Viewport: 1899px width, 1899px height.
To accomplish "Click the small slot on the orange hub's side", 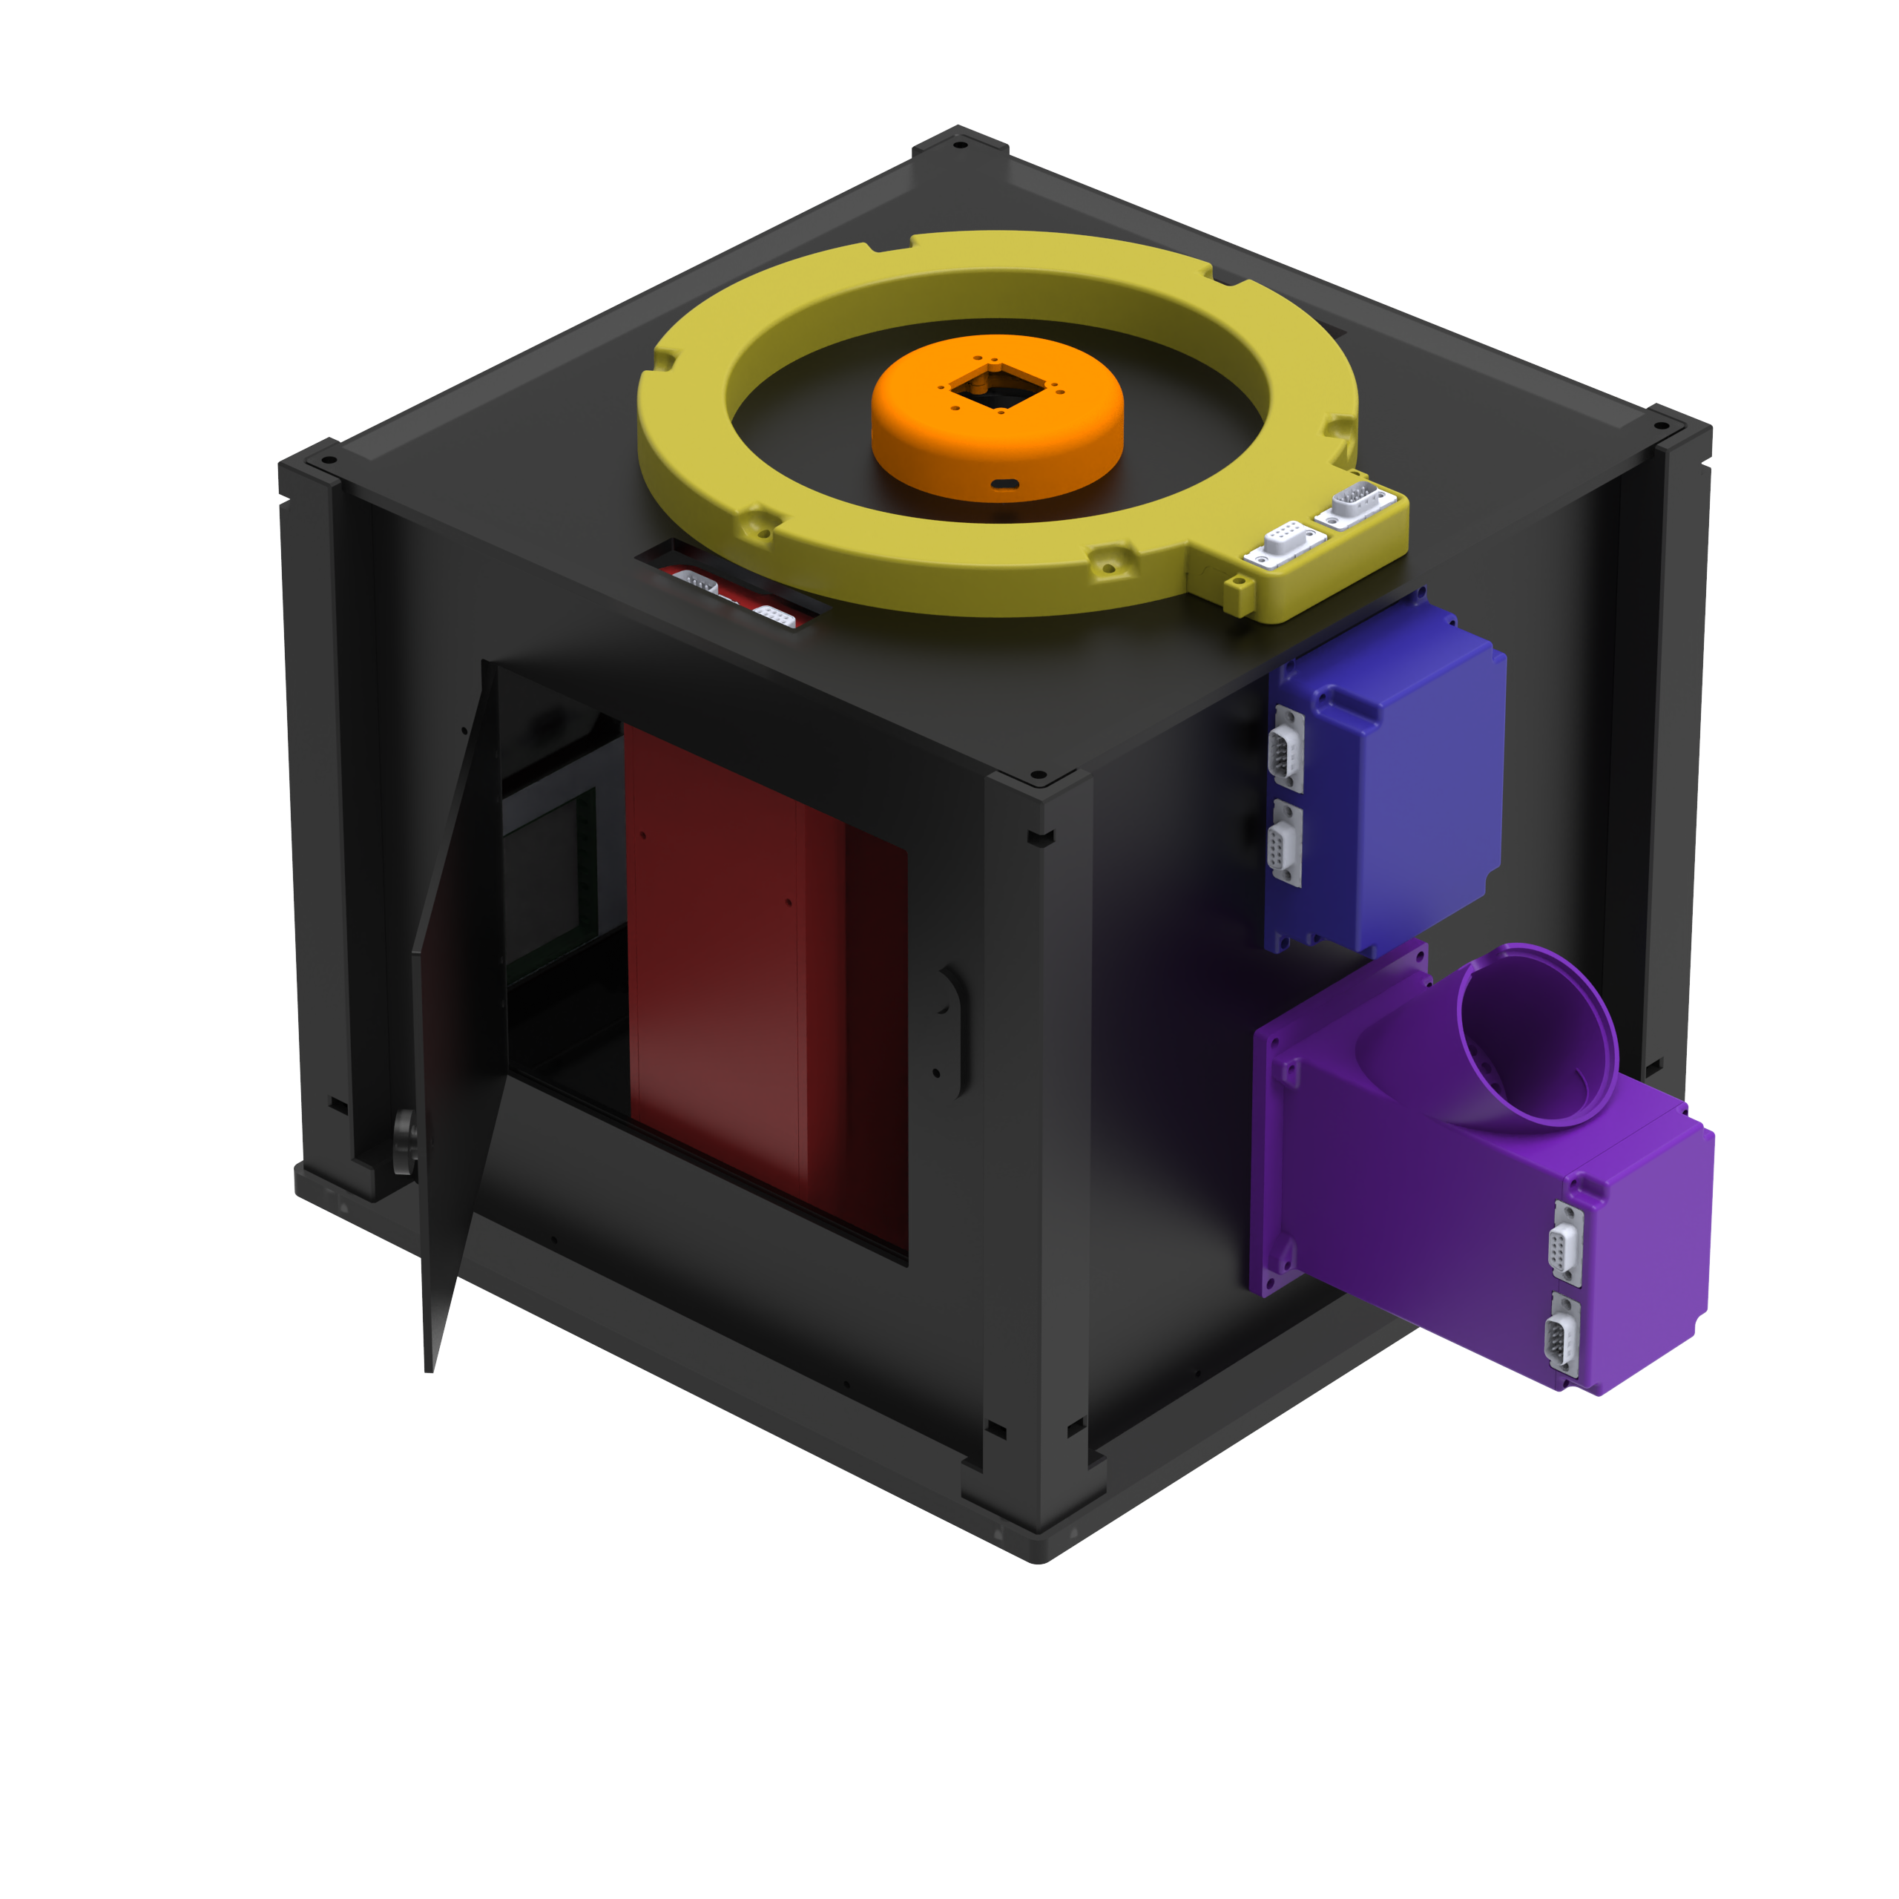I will click(1004, 484).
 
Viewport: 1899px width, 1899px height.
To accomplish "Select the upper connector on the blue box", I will click(1286, 748).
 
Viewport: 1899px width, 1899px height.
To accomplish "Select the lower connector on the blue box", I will click(1285, 844).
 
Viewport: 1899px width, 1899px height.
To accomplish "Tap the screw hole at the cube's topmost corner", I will click(961, 145).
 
